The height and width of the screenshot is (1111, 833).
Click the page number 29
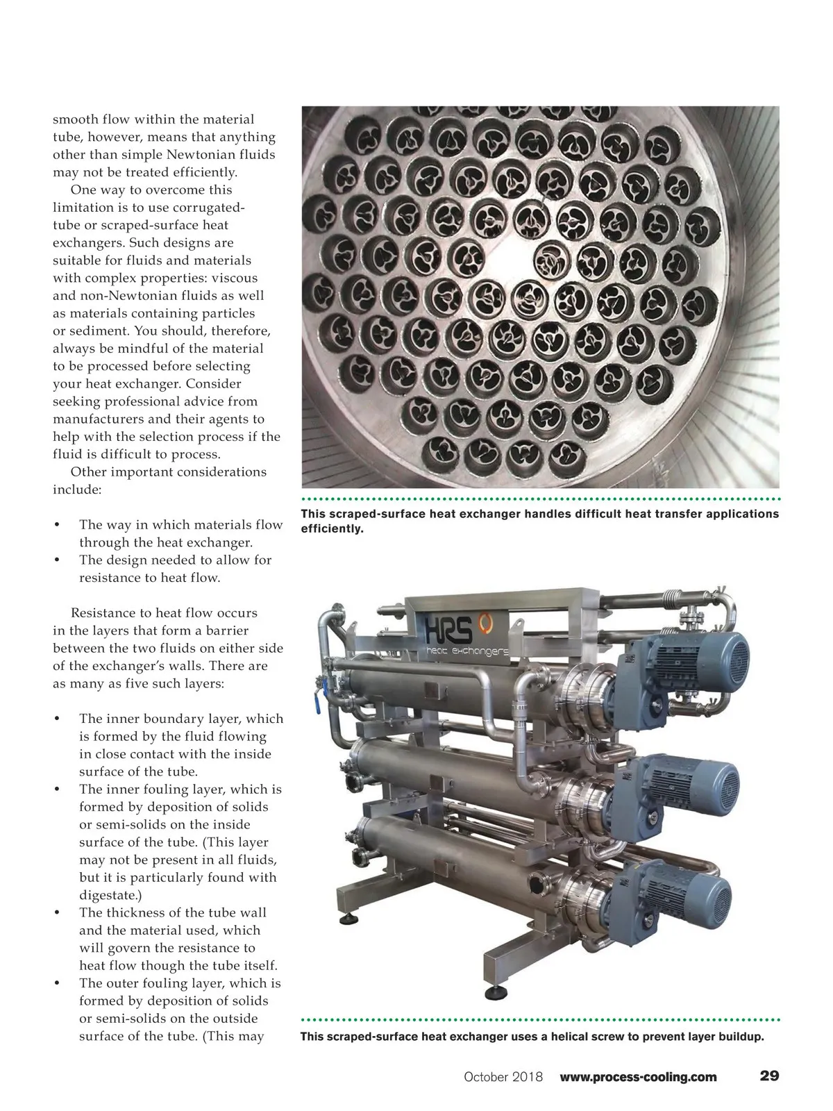click(769, 1076)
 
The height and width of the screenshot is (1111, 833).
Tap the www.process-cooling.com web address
click(638, 1077)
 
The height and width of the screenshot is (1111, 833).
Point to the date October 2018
click(503, 1077)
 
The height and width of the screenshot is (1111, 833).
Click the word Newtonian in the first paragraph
click(208, 155)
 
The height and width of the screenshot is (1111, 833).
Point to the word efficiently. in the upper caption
click(332, 529)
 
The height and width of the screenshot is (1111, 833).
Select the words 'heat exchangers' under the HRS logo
click(466, 652)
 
